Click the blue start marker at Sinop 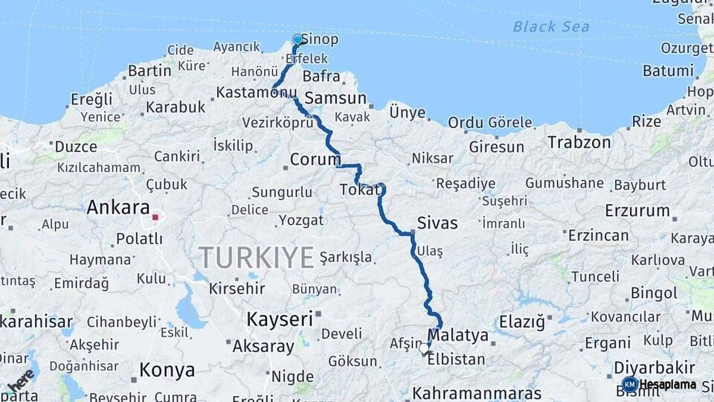pos(297,39)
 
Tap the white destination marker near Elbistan pos(424,348)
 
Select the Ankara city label pos(118,207)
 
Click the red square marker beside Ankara pos(155,217)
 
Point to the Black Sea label pos(551,27)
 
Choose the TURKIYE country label pos(256,258)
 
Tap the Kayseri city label pos(280,319)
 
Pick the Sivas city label pos(437,223)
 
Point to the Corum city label pos(315,159)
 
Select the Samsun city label pos(335,98)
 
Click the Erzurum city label pos(637,211)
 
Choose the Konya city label pos(167,370)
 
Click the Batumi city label pos(668,71)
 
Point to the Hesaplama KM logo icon pos(630,384)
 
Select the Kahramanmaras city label pos(477,392)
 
